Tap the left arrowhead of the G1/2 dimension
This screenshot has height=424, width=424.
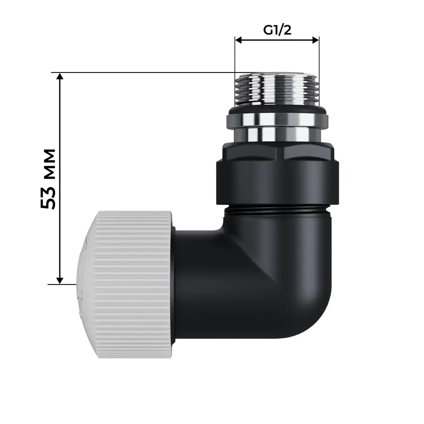pyautogui.click(x=238, y=40)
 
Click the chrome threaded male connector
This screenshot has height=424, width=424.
pyautogui.click(x=276, y=89)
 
